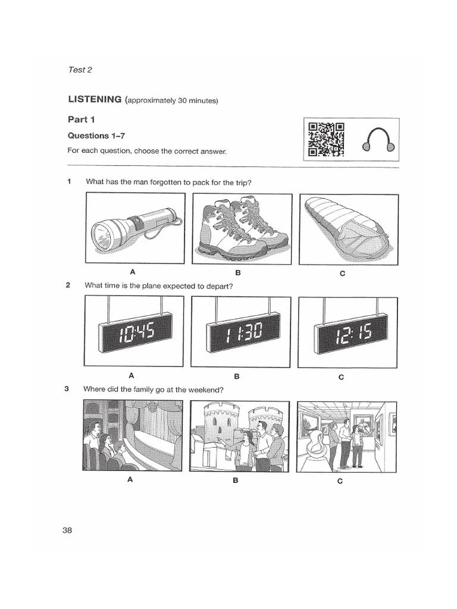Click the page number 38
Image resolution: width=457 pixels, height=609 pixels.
[x=67, y=530]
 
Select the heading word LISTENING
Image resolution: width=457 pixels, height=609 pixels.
[x=95, y=100]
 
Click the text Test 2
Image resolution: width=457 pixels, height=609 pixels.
[x=80, y=70]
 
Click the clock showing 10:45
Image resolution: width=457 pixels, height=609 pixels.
[x=137, y=332]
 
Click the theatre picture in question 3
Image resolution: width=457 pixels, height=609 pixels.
[x=132, y=435]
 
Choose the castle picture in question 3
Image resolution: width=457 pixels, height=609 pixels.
[x=239, y=437]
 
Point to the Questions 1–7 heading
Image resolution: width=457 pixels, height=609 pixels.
[x=96, y=136]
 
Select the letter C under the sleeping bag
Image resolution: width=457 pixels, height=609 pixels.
[x=342, y=274]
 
